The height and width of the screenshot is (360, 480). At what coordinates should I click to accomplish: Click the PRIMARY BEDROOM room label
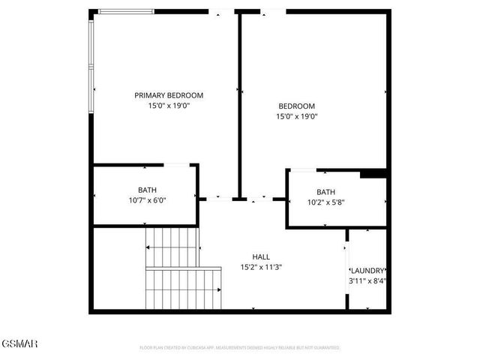pyautogui.click(x=169, y=95)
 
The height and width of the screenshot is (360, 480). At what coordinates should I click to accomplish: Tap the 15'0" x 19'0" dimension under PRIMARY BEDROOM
pyautogui.click(x=169, y=106)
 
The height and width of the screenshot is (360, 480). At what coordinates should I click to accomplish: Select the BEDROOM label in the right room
pyautogui.click(x=296, y=106)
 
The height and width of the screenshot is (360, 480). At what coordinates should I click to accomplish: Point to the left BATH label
pyautogui.click(x=147, y=190)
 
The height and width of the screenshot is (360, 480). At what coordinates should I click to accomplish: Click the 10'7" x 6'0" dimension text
pyautogui.click(x=147, y=200)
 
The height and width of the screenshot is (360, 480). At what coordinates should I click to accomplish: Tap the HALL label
pyautogui.click(x=261, y=256)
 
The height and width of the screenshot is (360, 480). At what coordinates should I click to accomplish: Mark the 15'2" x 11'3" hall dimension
pyautogui.click(x=261, y=267)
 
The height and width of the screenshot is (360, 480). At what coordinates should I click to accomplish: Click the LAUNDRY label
pyautogui.click(x=368, y=271)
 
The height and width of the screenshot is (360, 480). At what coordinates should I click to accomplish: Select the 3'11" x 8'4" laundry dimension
pyautogui.click(x=368, y=281)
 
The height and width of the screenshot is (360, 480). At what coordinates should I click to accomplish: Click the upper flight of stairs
pyautogui.click(x=172, y=247)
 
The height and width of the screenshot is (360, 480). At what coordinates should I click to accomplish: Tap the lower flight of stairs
pyautogui.click(x=184, y=289)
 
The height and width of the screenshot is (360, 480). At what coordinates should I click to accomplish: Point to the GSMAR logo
pyautogui.click(x=19, y=343)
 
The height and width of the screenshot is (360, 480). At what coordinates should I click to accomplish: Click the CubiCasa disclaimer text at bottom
pyautogui.click(x=240, y=348)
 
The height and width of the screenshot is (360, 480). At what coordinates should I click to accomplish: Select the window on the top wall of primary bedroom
pyautogui.click(x=126, y=11)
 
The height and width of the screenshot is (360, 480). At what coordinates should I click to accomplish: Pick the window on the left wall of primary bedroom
pyautogui.click(x=91, y=64)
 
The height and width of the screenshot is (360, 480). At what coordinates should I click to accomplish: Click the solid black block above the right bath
pyautogui.click(x=372, y=174)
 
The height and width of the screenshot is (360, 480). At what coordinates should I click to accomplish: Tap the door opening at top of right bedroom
pyautogui.click(x=272, y=11)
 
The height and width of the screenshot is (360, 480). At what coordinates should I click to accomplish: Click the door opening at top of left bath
pyautogui.click(x=176, y=164)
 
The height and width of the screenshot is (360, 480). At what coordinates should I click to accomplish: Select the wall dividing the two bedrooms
pyautogui.click(x=239, y=105)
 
